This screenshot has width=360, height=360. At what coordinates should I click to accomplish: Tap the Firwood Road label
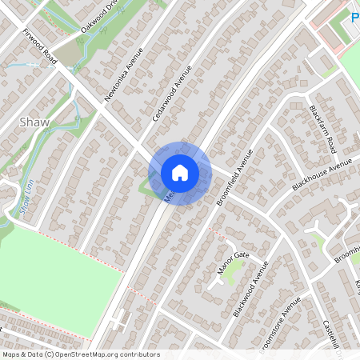39,46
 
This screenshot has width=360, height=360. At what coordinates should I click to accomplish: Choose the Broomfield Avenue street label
234,176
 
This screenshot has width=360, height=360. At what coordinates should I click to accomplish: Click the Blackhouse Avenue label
322,174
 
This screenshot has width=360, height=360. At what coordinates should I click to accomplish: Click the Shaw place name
34,122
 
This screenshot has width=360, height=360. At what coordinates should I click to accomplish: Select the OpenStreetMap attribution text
80,354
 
